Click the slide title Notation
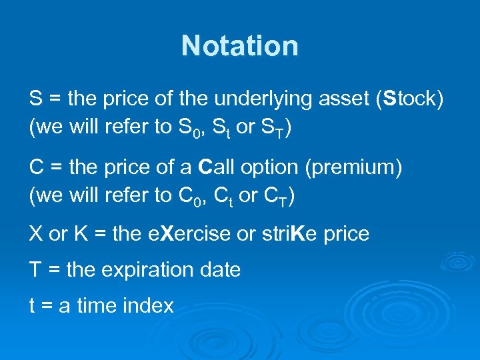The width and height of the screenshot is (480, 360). [x=240, y=46]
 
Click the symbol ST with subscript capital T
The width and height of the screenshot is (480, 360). [x=273, y=129]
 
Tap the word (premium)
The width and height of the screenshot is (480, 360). [x=353, y=167]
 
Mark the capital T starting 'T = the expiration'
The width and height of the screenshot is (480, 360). [x=35, y=270]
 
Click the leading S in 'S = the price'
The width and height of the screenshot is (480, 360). [x=36, y=99]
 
